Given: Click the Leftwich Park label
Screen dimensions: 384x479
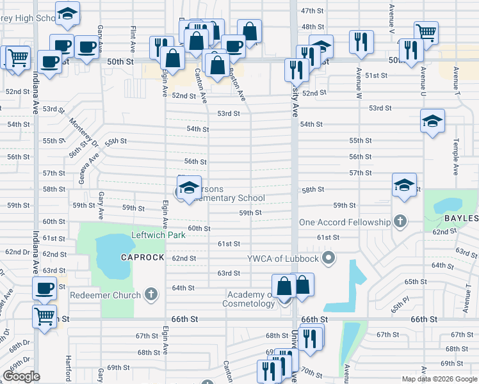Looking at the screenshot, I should tap(158, 236).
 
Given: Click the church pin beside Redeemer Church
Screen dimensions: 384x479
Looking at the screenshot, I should tap(151, 294).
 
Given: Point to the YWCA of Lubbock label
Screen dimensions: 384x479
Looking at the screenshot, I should tap(284, 259).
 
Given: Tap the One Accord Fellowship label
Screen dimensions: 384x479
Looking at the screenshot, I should tap(345, 222).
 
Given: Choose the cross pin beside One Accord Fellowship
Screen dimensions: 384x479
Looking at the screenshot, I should tap(401, 222).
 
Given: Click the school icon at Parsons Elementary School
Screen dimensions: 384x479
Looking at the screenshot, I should tap(188, 188).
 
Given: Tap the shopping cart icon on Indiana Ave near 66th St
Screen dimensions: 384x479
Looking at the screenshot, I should tap(44, 314).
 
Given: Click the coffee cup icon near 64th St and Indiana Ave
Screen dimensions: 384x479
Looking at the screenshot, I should tap(44, 288).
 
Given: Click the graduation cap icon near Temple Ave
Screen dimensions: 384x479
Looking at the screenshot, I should tap(432, 120).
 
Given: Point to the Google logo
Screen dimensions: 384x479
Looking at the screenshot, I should tap(21, 376).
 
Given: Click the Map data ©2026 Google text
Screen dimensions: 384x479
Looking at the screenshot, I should tap(439, 379).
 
